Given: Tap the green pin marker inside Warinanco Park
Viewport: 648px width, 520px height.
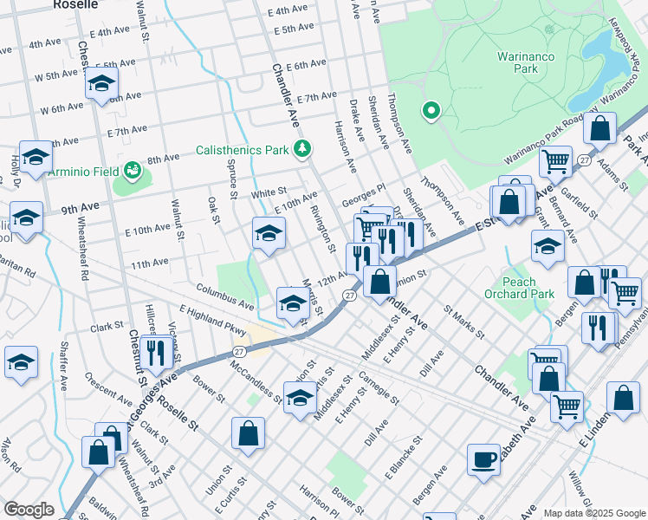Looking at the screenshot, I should (x=430, y=111).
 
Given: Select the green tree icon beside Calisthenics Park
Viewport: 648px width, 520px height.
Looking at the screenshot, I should (x=301, y=150).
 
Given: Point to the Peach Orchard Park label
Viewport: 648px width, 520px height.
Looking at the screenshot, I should (x=528, y=288).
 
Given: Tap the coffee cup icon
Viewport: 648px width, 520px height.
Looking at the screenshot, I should (x=483, y=458).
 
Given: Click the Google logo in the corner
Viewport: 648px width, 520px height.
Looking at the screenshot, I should (x=29, y=510).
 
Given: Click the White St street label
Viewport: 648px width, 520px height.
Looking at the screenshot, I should (x=269, y=192).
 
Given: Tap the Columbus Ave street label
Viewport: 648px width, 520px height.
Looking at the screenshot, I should (x=224, y=296).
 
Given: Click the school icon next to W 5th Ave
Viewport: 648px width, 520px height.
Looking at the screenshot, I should (x=101, y=86).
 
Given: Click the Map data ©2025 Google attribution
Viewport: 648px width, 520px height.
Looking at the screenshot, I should (x=593, y=513).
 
